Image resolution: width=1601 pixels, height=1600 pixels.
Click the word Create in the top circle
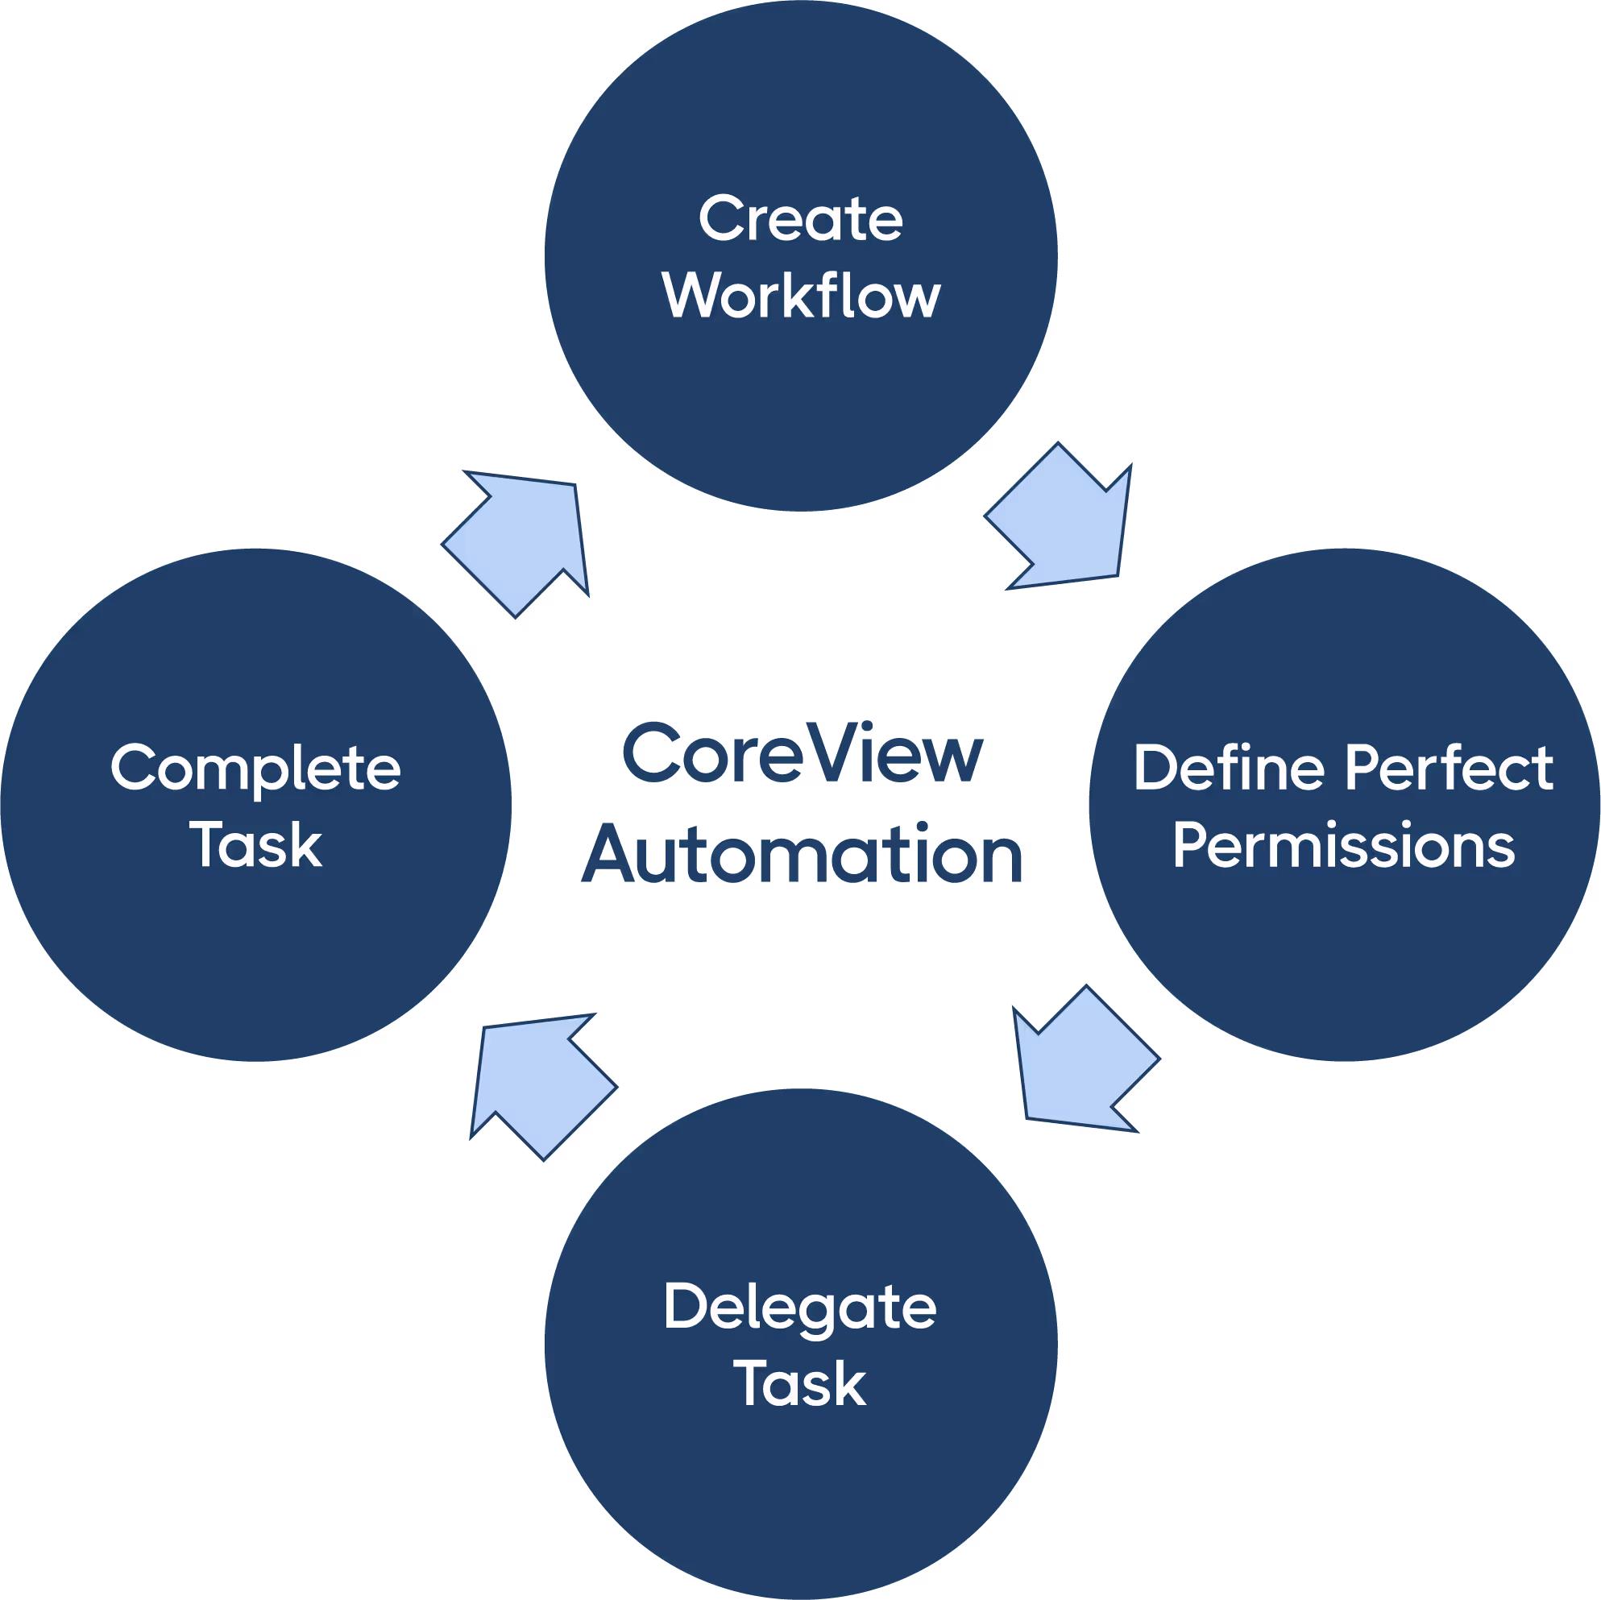coord(801,219)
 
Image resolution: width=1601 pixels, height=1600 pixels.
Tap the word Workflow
coord(801,296)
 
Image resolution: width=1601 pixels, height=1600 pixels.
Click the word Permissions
coord(1343,846)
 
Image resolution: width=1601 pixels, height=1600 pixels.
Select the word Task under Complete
coord(256,845)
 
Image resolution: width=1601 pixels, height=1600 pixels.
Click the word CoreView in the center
coord(803,752)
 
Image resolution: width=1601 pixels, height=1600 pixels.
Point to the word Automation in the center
coord(803,854)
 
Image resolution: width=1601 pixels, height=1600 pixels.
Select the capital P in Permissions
coord(1191,845)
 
